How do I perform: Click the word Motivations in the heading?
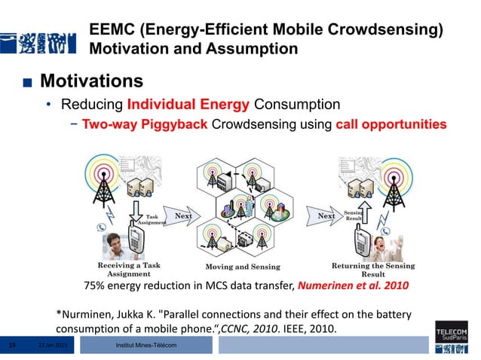tap(90, 81)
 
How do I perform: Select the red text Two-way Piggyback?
tap(133, 124)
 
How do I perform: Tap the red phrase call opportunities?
tap(391, 124)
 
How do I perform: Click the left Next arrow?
tap(183, 217)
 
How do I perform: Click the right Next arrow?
tap(326, 217)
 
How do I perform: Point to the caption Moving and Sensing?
tap(243, 267)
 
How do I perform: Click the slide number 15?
tap(11, 345)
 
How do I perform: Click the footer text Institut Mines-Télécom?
tap(146, 345)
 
